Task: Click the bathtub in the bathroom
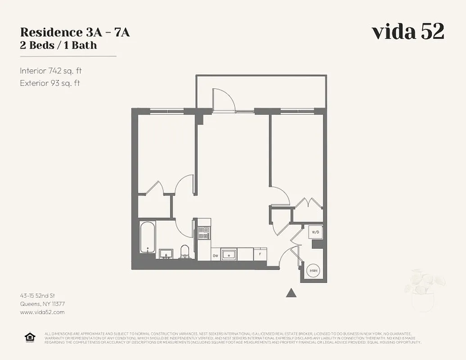pyautogui.click(x=147, y=237)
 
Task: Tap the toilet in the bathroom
pyautogui.click(x=185, y=252)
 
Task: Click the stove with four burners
pyautogui.click(x=204, y=233)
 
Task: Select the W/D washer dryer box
pyautogui.click(x=315, y=232)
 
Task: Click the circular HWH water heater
pyautogui.click(x=313, y=271)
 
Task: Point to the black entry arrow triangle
pyautogui.click(x=291, y=293)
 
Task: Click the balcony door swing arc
pyautogui.click(x=224, y=99)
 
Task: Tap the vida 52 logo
pyautogui.click(x=408, y=32)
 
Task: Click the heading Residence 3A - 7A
pyautogui.click(x=75, y=32)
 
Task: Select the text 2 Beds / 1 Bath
pyautogui.click(x=59, y=45)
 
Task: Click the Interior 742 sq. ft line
pyautogui.click(x=51, y=71)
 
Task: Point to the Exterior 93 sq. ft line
pyautogui.click(x=50, y=83)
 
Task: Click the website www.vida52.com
pyautogui.click(x=42, y=312)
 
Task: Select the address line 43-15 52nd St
pyautogui.click(x=37, y=296)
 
